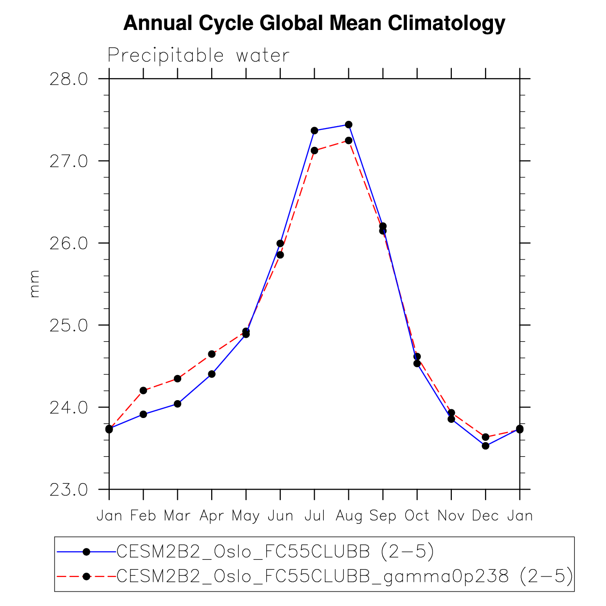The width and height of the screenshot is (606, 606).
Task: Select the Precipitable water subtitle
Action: tap(198, 56)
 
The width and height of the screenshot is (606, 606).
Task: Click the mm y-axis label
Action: tap(34, 284)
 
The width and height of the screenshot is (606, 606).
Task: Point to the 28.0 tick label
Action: tap(69, 79)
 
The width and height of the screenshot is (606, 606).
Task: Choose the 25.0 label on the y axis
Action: tap(69, 325)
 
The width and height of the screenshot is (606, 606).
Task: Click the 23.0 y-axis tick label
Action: tap(69, 490)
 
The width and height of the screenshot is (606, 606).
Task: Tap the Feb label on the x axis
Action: tap(143, 516)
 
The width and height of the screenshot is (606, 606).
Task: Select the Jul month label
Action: tap(314, 516)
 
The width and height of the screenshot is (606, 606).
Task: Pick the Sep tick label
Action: tap(383, 516)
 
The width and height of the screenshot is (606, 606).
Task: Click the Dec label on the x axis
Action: tap(485, 516)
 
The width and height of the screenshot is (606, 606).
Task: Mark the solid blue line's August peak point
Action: tap(348, 125)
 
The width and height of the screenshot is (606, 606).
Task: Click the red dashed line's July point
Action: tap(314, 150)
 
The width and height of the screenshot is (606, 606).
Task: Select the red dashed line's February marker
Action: tap(143, 390)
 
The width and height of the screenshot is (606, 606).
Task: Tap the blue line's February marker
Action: tap(143, 414)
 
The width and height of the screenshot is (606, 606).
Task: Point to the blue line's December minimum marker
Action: tap(485, 446)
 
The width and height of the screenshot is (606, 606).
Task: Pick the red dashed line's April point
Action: tap(212, 354)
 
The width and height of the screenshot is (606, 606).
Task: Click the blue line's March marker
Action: tap(177, 404)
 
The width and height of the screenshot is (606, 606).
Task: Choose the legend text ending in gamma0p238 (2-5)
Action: tap(345, 576)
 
